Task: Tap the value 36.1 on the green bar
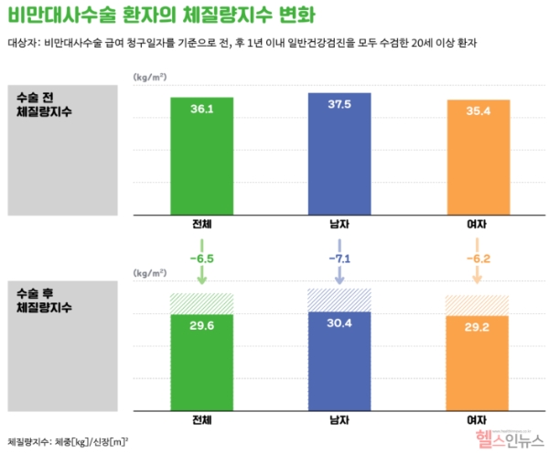coord(202,109)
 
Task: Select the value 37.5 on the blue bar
coord(339,104)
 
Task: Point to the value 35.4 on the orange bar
coord(477,111)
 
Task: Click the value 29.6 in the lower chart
coord(202,325)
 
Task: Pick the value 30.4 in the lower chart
coord(339,322)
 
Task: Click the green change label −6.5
coord(202,259)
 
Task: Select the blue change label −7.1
coord(339,259)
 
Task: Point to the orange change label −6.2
coord(477,259)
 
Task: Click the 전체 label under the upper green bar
coord(202,223)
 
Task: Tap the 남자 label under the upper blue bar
coord(339,223)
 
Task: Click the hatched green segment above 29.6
coord(202,303)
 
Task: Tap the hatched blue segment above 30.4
coord(339,300)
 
